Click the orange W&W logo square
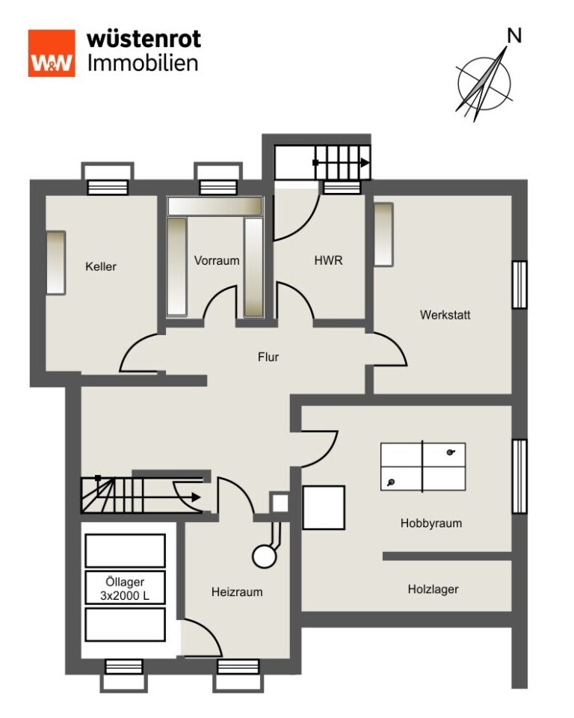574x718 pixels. point(52,53)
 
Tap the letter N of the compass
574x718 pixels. point(514,36)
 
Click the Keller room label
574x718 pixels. point(101,266)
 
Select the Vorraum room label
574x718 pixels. point(217,260)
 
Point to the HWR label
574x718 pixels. point(328,260)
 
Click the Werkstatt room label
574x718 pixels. point(445,315)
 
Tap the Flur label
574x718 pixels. point(268,357)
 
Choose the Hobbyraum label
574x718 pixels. point(431,523)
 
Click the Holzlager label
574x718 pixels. point(433,589)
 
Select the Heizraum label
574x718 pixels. point(237,592)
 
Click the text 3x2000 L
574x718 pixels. point(125,596)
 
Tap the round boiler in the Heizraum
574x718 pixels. point(264,556)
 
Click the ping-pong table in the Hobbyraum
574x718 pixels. point(423,467)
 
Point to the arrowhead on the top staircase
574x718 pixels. point(365,162)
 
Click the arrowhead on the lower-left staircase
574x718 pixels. point(196,497)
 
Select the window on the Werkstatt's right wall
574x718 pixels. point(519,284)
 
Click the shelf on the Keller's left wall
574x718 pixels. point(56,263)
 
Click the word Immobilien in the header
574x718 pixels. point(143,63)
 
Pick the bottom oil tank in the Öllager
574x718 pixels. point(125,625)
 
